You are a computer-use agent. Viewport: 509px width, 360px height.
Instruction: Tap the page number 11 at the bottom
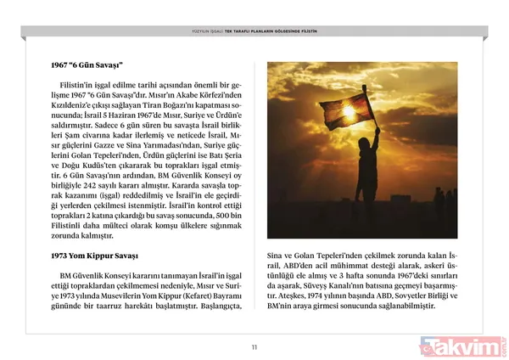254,345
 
